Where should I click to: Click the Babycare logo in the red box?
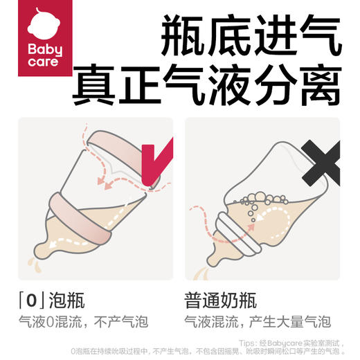(45, 42)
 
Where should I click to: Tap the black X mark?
(323, 163)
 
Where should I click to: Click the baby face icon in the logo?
(45, 26)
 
